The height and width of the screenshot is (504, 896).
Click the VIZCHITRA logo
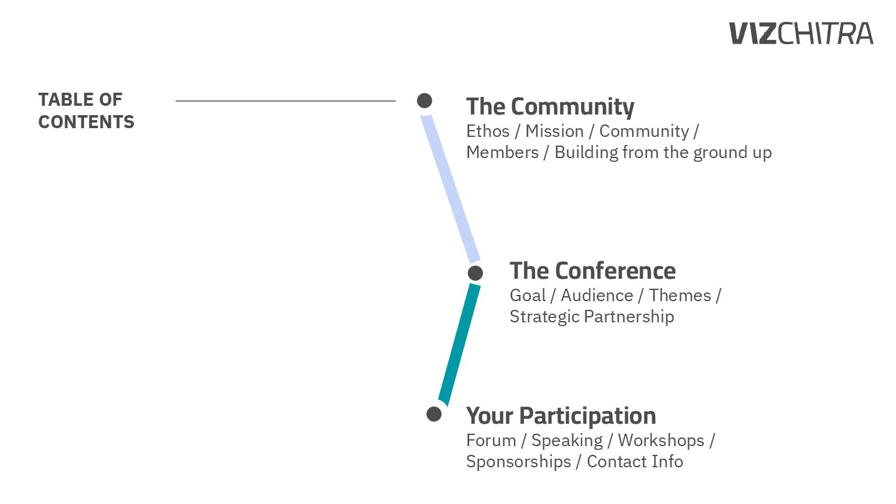(801, 33)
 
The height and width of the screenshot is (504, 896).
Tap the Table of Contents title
(86, 111)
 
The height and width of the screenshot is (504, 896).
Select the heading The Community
(550, 106)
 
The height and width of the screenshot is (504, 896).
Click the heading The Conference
(592, 271)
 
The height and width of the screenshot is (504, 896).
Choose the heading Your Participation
(561, 416)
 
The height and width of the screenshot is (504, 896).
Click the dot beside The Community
(424, 100)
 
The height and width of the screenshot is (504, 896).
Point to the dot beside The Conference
(475, 273)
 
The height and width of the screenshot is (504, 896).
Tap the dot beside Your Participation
(434, 414)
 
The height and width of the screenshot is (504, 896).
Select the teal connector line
(459, 344)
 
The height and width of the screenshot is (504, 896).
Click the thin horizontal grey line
(285, 100)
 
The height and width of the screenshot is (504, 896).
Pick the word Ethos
(488, 131)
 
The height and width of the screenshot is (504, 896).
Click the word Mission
(554, 131)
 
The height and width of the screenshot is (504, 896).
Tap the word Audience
(597, 296)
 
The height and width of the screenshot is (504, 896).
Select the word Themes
(679, 296)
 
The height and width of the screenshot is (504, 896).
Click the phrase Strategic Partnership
(591, 317)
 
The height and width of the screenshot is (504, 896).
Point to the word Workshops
(661, 441)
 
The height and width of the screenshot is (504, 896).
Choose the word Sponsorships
(518, 462)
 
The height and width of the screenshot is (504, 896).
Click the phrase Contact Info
(635, 462)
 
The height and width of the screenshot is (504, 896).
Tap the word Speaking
(567, 441)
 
